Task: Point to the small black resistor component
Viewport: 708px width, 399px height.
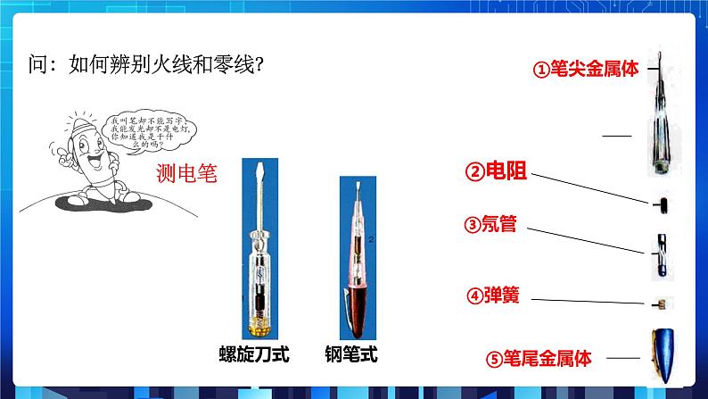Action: pyautogui.click(x=660, y=204)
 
